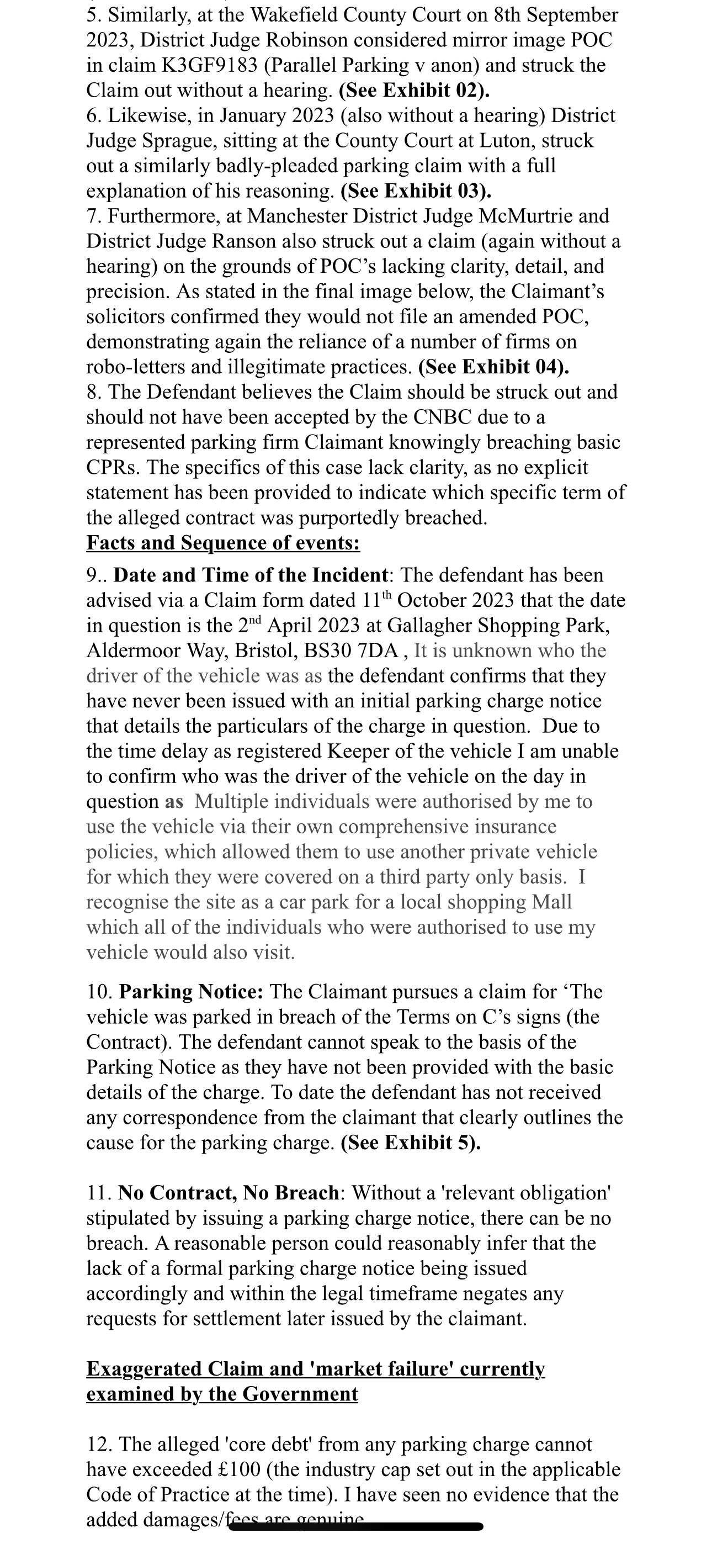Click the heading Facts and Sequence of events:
tap(223, 543)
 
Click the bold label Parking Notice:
tap(191, 992)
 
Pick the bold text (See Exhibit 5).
tap(411, 1144)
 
